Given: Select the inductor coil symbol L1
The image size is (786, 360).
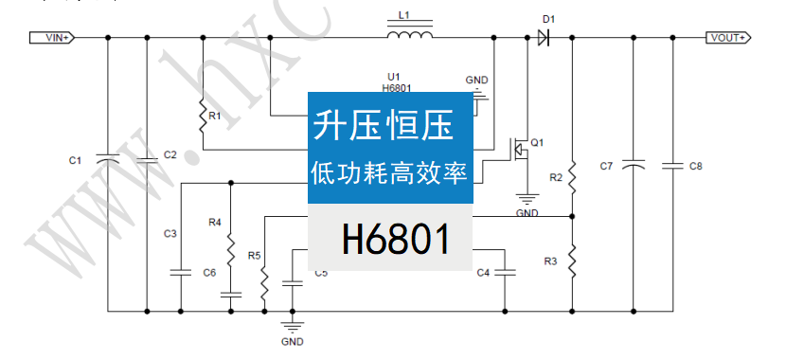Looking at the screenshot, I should (x=410, y=36).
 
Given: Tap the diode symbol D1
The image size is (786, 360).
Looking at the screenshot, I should (x=543, y=38).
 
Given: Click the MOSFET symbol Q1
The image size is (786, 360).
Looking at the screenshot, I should (x=519, y=150).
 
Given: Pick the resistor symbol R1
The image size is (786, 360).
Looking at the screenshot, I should (x=202, y=117).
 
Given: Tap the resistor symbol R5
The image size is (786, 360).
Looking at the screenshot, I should (x=264, y=281).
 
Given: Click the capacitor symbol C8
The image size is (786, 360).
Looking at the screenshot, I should (x=673, y=166).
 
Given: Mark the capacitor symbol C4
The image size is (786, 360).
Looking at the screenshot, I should (x=505, y=273).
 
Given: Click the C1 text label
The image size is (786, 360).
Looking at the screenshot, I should (x=76, y=161).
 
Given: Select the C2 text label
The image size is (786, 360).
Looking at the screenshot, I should (x=170, y=154).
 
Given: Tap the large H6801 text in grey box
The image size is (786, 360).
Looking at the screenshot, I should (x=396, y=241).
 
